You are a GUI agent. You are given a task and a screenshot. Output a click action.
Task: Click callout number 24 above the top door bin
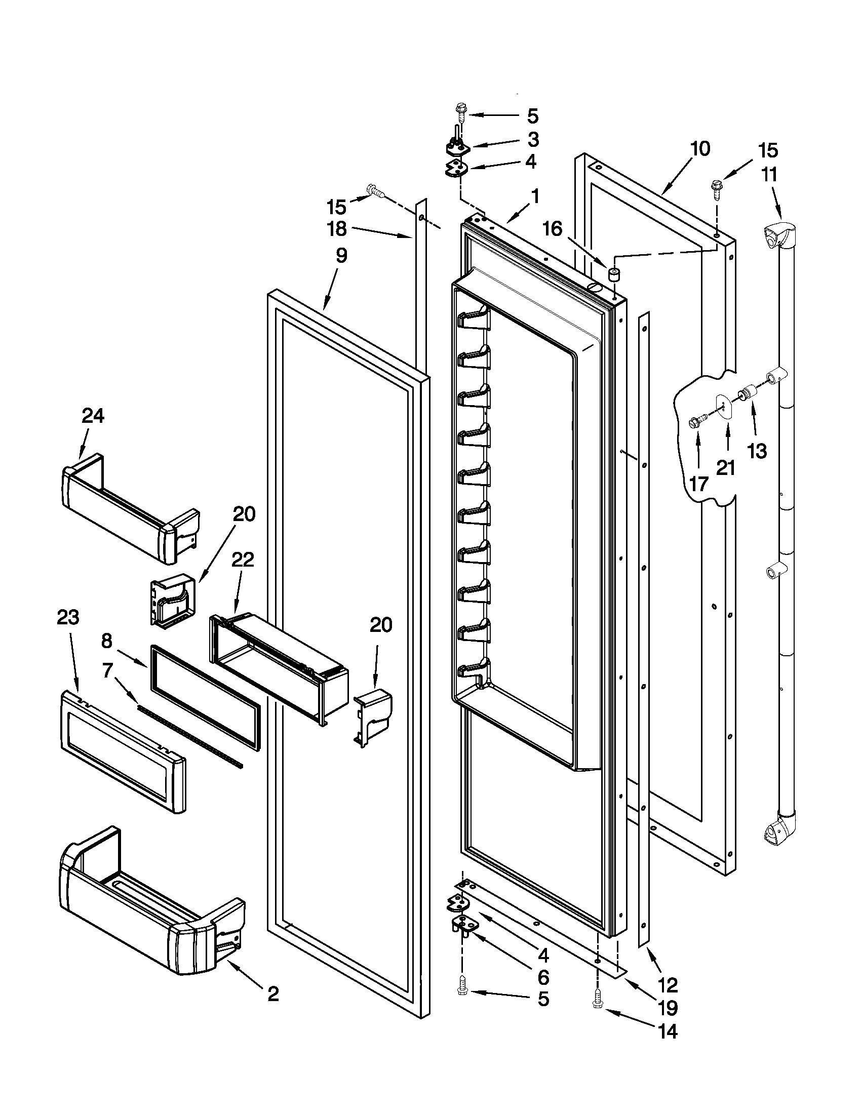click(93, 416)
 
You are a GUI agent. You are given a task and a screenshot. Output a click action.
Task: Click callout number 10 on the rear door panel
click(700, 149)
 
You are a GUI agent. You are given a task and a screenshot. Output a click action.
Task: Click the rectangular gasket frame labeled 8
click(204, 696)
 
